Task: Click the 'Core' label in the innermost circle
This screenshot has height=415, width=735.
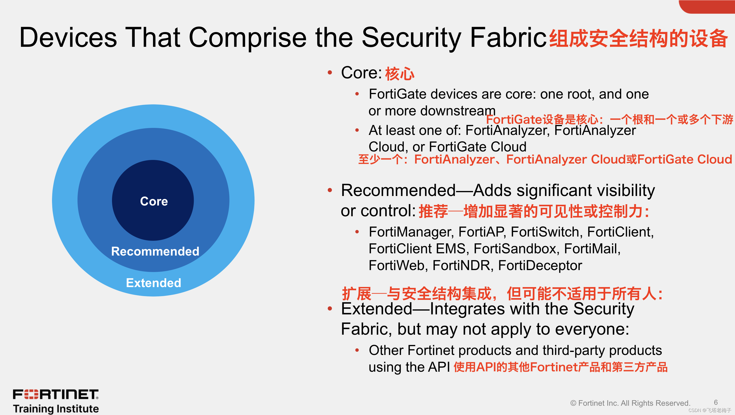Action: (x=154, y=201)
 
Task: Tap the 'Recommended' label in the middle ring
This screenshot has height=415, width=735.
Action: (x=155, y=251)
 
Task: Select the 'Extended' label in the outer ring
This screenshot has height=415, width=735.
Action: (x=153, y=283)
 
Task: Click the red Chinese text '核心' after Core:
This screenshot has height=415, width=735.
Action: (x=399, y=74)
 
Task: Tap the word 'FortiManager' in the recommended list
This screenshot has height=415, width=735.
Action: (x=411, y=232)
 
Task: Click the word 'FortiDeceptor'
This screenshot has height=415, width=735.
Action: (x=540, y=266)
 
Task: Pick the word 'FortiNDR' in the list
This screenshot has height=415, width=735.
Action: (x=462, y=266)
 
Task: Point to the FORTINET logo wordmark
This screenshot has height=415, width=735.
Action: (x=56, y=394)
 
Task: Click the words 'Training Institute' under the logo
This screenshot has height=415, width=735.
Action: (x=56, y=409)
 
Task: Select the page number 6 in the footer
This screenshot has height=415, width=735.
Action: (x=715, y=402)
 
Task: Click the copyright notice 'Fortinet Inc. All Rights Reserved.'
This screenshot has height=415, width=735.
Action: (x=634, y=403)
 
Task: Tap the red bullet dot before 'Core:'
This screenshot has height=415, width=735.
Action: (x=330, y=73)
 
